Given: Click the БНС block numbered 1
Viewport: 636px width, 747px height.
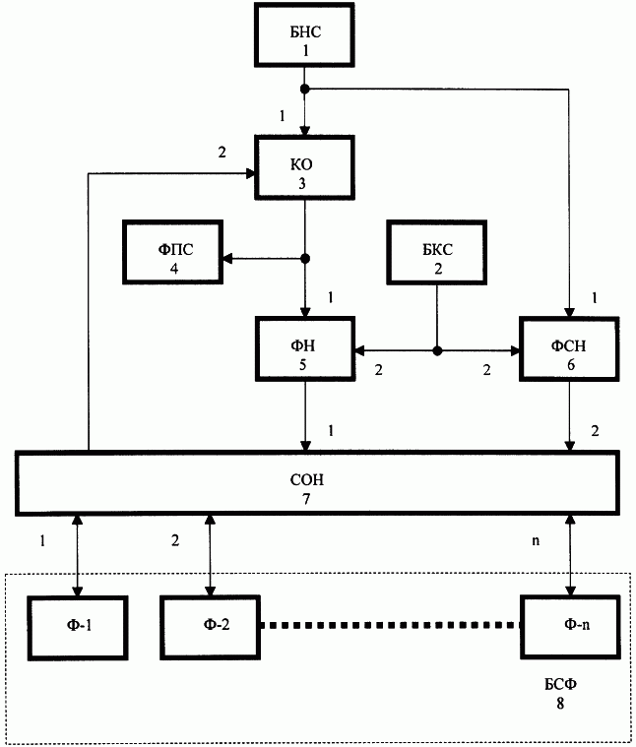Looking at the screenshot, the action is pyautogui.click(x=304, y=34).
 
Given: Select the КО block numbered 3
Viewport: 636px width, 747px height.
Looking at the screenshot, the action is pyautogui.click(x=304, y=167).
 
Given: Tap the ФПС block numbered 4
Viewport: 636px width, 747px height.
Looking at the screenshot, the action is pyautogui.click(x=173, y=252).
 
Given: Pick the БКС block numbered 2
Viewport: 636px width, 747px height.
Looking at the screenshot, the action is pyautogui.click(x=436, y=252).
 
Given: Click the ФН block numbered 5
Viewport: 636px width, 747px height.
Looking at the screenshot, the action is pyautogui.click(x=305, y=349).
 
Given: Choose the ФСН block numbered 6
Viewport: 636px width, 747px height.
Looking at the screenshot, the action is pyautogui.click(x=569, y=349).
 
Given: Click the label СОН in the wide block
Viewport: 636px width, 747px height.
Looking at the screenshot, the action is pyautogui.click(x=307, y=479).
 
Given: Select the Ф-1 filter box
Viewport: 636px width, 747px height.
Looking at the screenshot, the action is pyautogui.click(x=78, y=628).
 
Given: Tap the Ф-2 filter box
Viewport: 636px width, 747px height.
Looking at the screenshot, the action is pyautogui.click(x=210, y=628).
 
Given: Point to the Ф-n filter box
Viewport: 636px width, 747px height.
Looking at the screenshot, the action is pyautogui.click(x=570, y=627).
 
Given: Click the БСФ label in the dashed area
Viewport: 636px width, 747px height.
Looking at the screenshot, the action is pyautogui.click(x=560, y=685).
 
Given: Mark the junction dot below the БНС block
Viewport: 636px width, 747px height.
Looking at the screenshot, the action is pyautogui.click(x=305, y=90).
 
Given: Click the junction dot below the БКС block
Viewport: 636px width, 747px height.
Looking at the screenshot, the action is pyautogui.click(x=437, y=351).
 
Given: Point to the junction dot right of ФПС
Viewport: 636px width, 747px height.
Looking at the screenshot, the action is pyautogui.click(x=305, y=259).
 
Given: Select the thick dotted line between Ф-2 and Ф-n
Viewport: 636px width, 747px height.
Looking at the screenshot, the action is pyautogui.click(x=390, y=625).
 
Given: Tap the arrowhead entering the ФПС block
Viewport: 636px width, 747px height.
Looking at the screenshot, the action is pyautogui.click(x=227, y=259).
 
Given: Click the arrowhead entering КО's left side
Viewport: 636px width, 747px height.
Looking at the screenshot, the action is pyautogui.click(x=250, y=174).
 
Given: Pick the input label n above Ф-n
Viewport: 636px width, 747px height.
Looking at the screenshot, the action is pyautogui.click(x=536, y=540).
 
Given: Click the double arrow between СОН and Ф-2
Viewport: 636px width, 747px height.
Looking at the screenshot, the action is pyautogui.click(x=210, y=555).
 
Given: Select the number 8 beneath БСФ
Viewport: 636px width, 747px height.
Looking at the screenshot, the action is pyautogui.click(x=560, y=704).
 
